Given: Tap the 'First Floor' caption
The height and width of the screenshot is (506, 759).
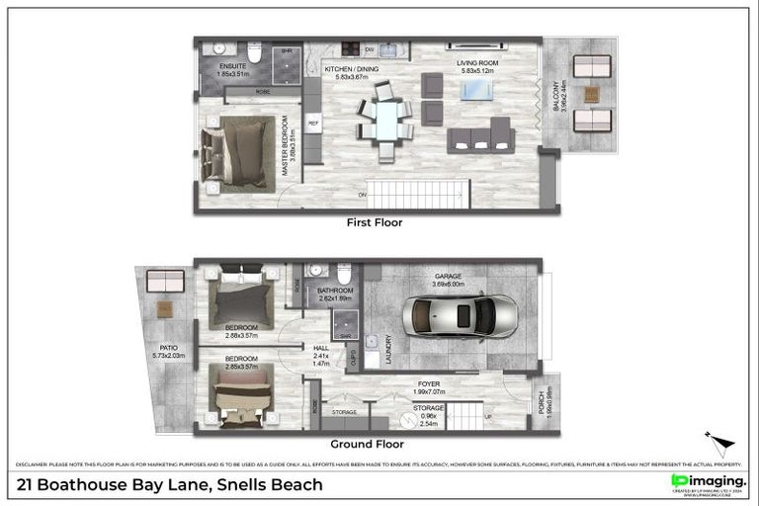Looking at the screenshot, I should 374,223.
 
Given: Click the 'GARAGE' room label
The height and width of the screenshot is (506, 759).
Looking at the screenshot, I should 447,278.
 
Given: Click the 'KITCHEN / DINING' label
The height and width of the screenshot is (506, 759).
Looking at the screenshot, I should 352,69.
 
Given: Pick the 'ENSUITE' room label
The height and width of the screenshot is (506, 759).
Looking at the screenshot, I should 234,66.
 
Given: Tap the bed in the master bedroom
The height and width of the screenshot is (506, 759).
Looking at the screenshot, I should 238,153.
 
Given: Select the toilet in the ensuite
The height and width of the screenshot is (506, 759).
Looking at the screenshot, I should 255,53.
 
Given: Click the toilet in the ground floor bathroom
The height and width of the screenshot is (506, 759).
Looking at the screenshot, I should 343,274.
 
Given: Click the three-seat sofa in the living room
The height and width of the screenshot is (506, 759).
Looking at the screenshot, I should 481,137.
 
